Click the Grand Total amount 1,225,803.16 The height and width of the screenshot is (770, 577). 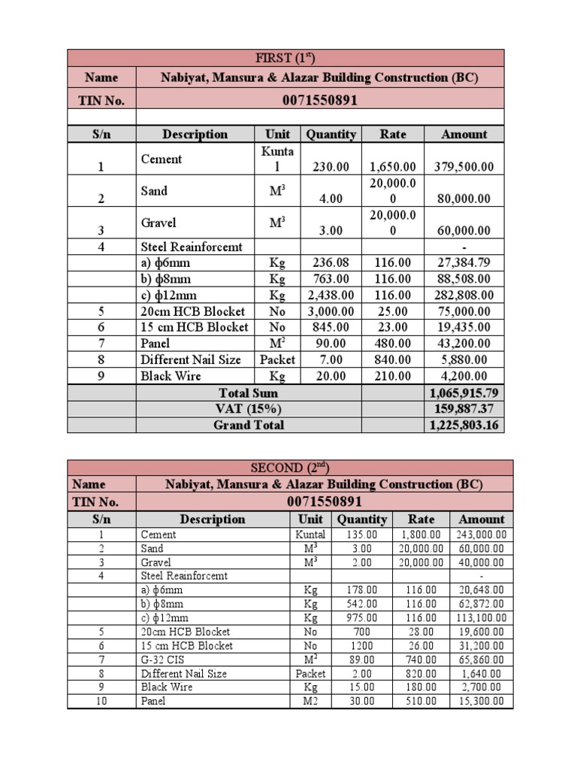464,426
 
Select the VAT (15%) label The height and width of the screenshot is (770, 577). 249,409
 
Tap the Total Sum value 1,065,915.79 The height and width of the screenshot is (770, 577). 464,393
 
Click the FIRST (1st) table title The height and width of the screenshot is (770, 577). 285,58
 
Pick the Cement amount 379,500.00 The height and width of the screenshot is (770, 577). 464,167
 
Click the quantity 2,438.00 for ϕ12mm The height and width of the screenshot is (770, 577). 330,296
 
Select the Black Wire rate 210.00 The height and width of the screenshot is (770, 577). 392,377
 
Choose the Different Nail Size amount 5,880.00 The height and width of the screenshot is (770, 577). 464,360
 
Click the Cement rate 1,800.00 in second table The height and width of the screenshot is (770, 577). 421,535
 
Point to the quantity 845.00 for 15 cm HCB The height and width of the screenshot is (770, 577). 330,328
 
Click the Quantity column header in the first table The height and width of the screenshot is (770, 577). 330,135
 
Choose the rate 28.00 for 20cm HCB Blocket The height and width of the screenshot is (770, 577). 421,632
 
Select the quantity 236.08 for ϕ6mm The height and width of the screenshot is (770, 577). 330,262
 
